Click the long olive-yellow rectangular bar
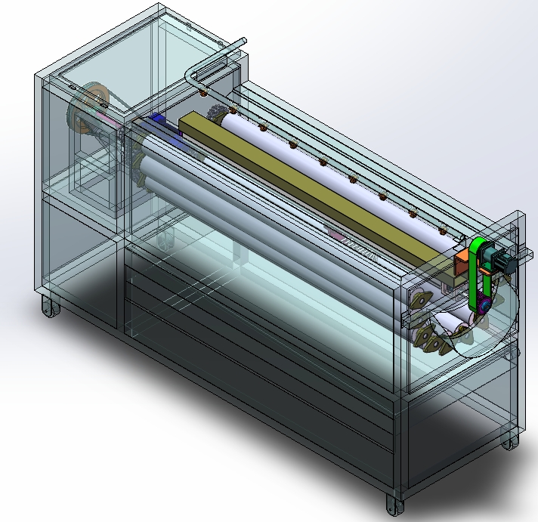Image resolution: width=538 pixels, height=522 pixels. click(x=317, y=189)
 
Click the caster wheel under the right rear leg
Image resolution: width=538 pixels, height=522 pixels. click(x=511, y=441)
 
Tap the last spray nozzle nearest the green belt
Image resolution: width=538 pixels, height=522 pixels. click(x=443, y=229)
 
